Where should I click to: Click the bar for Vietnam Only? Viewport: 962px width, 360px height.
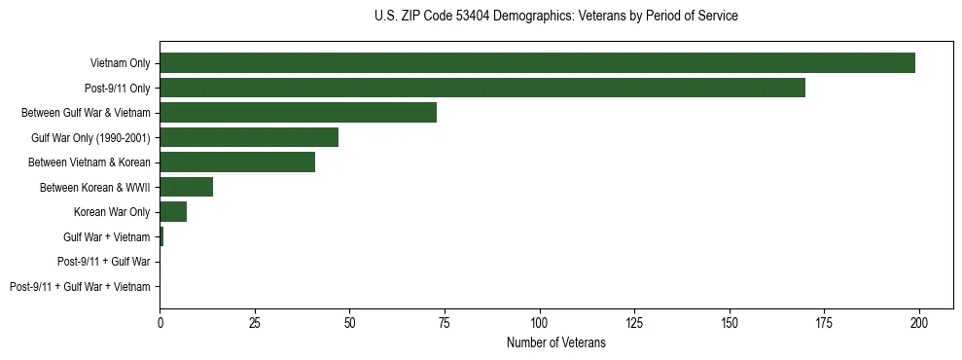tap(537, 63)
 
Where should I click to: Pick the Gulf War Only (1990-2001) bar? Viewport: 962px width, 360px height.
tap(249, 137)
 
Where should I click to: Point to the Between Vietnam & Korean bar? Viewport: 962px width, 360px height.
tap(237, 162)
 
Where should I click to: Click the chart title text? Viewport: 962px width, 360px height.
tap(555, 17)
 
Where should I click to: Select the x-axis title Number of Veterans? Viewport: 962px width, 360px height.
tap(555, 343)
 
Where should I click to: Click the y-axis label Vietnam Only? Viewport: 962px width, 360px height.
tap(120, 63)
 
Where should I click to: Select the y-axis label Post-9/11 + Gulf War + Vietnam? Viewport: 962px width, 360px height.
tap(80, 287)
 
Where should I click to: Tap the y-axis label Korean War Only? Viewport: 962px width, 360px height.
tap(112, 212)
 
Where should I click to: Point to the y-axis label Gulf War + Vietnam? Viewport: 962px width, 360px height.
tap(106, 237)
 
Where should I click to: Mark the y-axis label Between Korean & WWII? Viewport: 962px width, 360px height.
tap(94, 187)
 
